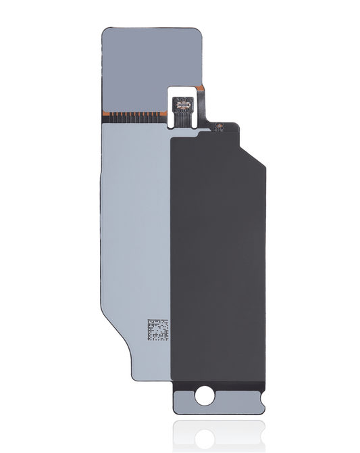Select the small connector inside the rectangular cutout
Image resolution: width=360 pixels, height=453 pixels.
pyautogui.click(x=182, y=104)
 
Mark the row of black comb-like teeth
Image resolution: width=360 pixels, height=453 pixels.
pyautogui.click(x=135, y=117)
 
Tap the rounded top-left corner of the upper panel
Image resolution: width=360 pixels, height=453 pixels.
pyautogui.click(x=106, y=32)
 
